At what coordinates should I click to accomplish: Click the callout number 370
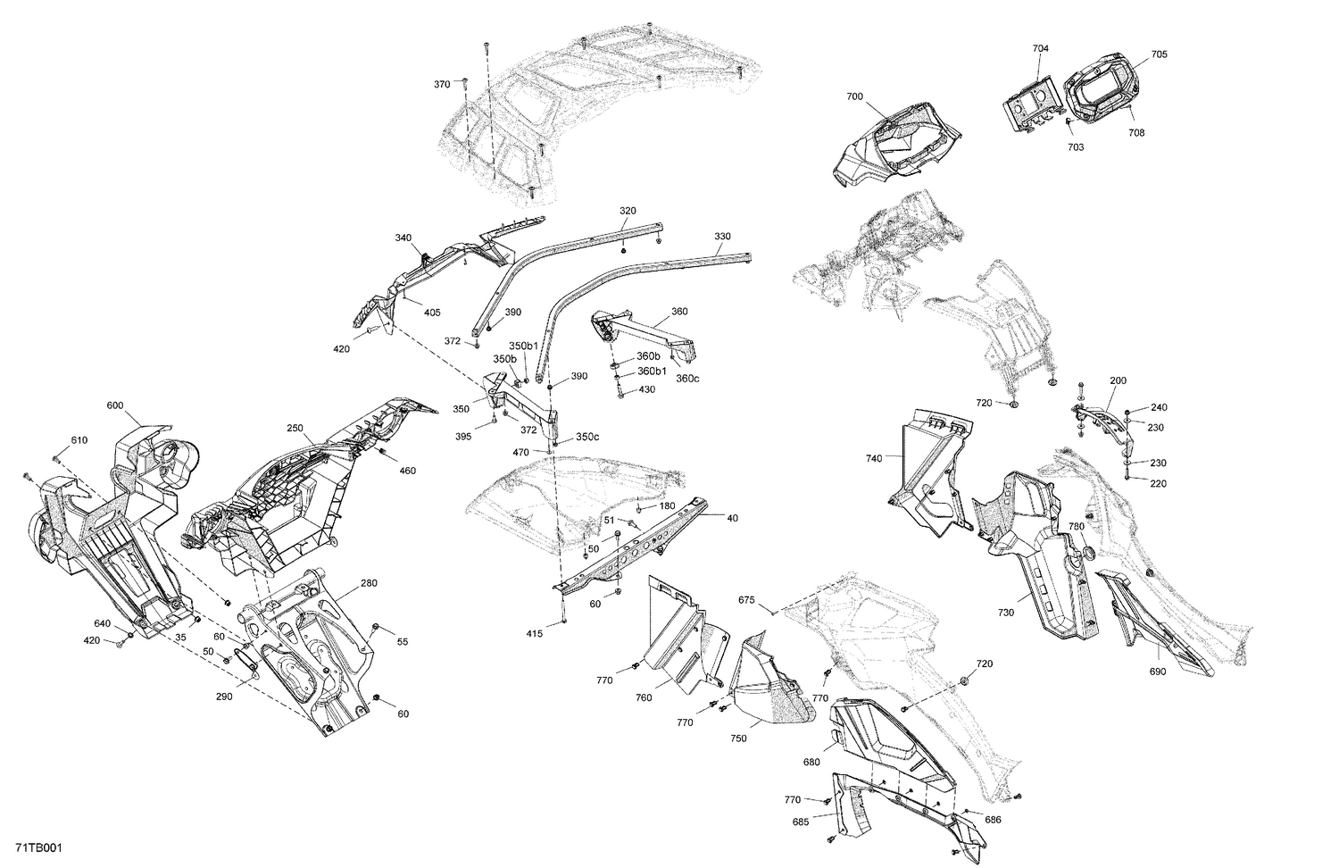pos(442,84)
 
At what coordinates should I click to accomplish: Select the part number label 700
pos(854,96)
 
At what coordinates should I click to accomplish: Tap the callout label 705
pos(1159,54)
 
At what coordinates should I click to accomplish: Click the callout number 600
pos(114,405)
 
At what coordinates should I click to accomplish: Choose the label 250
pos(295,428)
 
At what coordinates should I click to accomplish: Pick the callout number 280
pos(369,583)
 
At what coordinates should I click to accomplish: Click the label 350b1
pos(524,346)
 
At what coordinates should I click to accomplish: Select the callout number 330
pos(722,237)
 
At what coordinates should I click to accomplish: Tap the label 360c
pos(687,378)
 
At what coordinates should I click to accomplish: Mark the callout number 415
pos(534,634)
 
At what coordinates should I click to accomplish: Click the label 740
pos(873,458)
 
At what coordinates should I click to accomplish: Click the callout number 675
pos(746,601)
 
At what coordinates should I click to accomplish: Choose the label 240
pos(1159,407)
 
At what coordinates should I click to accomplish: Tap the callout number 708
pos(1135,133)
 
